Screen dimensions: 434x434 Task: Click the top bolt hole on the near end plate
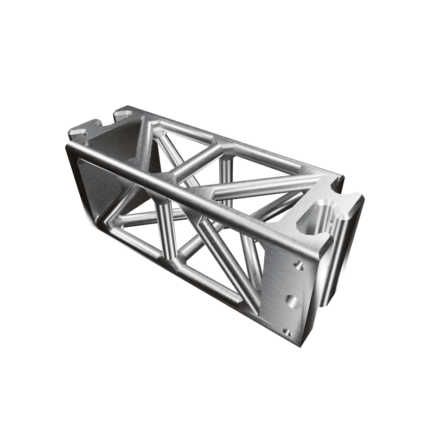coord(297,265)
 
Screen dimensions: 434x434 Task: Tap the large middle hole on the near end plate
coord(292,301)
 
